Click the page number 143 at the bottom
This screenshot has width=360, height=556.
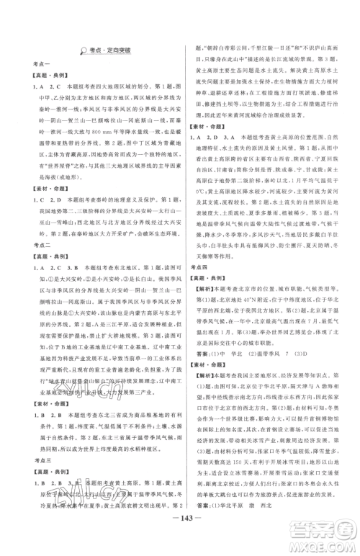(179, 539)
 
